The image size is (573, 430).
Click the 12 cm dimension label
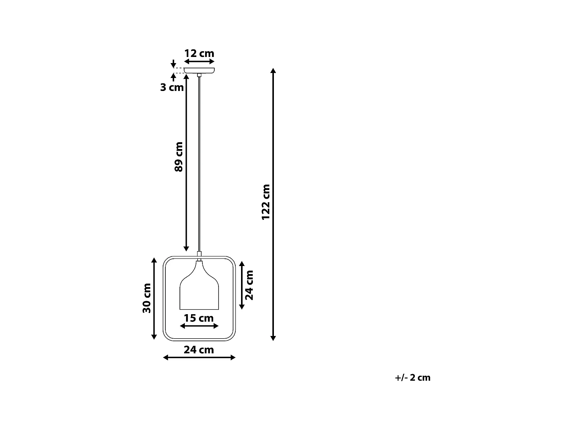[x=199, y=53]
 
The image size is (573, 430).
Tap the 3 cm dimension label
[x=172, y=88]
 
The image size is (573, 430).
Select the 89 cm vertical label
[x=179, y=157]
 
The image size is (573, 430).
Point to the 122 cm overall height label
[x=266, y=202]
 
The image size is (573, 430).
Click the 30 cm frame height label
[x=147, y=298]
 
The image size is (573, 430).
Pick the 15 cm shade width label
[x=199, y=318]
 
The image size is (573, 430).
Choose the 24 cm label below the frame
[x=199, y=350]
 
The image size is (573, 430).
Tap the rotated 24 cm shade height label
[x=249, y=285]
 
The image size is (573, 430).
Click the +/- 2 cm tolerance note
[x=413, y=378]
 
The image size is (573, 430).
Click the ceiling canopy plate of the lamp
[x=199, y=70]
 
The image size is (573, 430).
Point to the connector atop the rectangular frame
[x=199, y=254]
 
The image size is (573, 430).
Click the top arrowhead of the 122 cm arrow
[x=273, y=71]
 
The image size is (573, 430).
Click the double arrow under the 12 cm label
[x=199, y=62]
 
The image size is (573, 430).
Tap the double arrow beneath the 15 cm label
[x=199, y=326]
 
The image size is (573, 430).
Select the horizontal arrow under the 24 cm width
[x=199, y=357]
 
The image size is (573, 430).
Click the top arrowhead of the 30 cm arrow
[x=154, y=260]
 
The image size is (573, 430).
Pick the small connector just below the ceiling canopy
[x=199, y=75]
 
